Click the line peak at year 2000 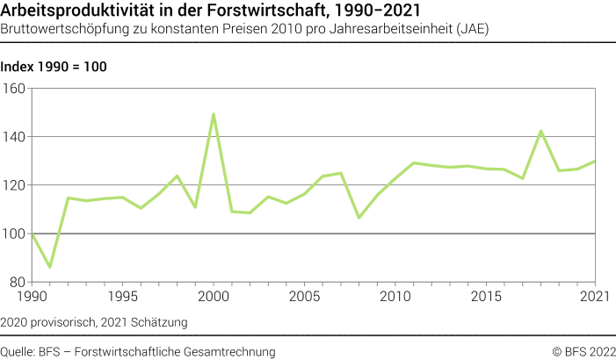coord(214,114)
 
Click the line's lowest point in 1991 coord(49,267)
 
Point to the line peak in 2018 coord(540,131)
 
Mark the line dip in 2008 coord(359,217)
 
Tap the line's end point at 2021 coord(595,161)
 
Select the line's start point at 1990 coord(32,234)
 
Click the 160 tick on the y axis coord(15,88)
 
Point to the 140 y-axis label coord(15,137)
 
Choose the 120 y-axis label coord(15,185)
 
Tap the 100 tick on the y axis coord(15,234)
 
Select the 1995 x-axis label coord(122,298)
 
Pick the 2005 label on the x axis coord(304,298)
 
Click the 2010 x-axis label coord(395,298)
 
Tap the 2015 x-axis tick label coord(486,298)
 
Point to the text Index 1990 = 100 coord(54,67)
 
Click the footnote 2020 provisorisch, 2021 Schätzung coord(94,322)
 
